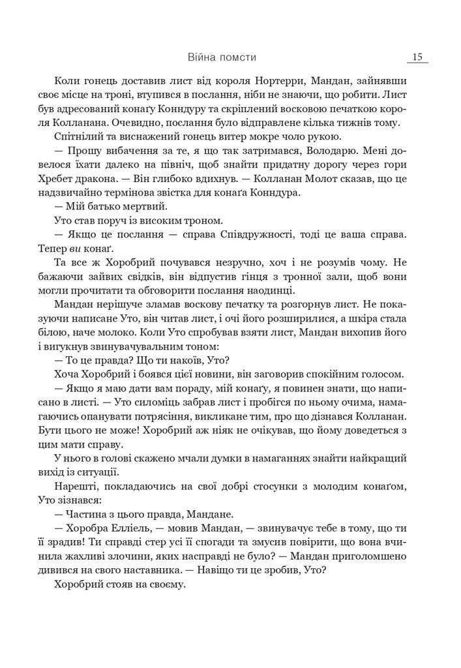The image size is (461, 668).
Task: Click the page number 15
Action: point(417,57)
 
